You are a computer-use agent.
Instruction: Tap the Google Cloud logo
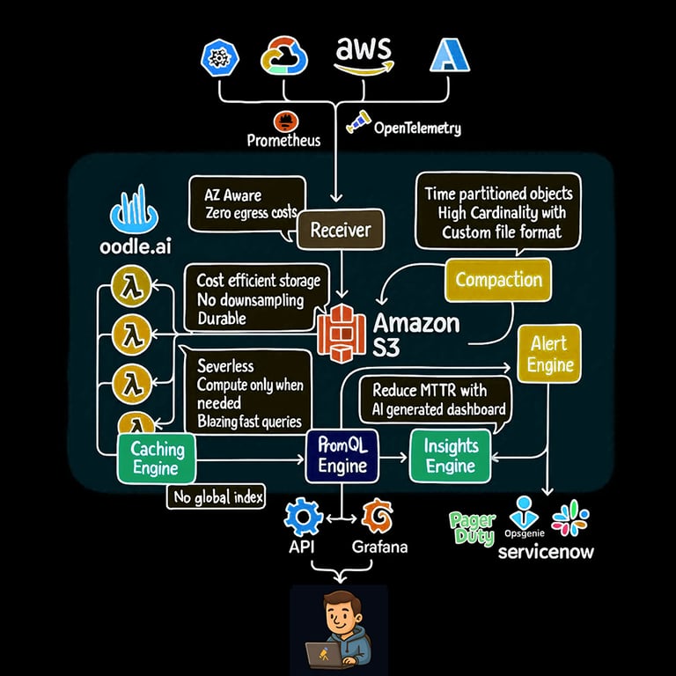(x=284, y=56)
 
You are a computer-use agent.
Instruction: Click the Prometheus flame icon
(x=283, y=121)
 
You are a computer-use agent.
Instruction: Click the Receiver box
(x=341, y=231)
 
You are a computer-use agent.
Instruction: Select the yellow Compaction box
(x=498, y=280)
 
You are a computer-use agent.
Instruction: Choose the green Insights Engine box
(x=451, y=456)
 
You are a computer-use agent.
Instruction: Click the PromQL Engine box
(x=342, y=456)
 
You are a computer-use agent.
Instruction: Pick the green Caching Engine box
(x=158, y=458)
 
